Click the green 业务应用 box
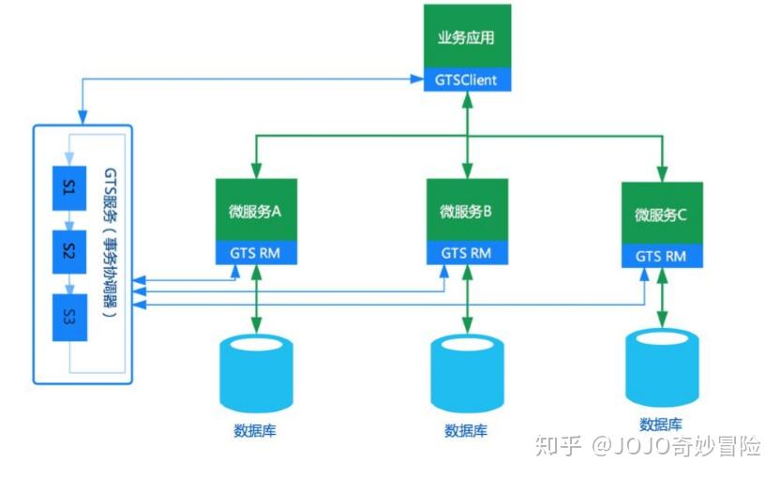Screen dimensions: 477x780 (466, 37)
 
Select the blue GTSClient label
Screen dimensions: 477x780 (466, 81)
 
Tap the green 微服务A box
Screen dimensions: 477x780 (256, 210)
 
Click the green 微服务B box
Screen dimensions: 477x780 (466, 210)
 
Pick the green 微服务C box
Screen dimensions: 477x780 (661, 214)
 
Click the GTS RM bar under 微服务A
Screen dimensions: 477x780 (256, 253)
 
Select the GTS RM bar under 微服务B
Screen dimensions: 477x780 (466, 253)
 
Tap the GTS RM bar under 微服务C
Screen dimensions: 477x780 (661, 256)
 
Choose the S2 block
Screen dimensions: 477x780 (69, 250)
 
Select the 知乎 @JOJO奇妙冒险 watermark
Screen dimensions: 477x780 (647, 447)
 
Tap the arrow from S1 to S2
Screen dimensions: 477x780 (69, 220)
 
